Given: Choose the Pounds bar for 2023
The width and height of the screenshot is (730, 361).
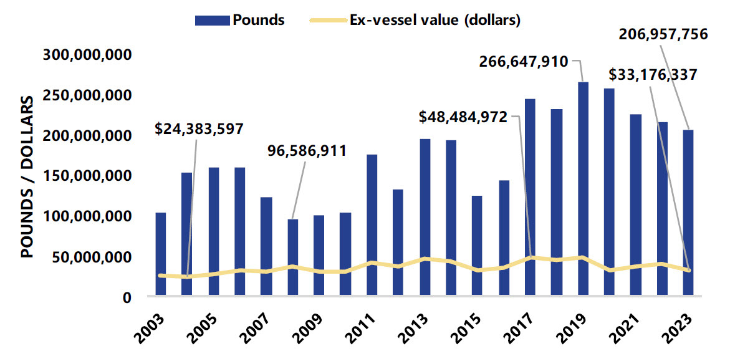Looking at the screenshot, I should coord(688,213).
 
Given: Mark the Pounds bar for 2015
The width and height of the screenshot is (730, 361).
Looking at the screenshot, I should coord(477,246).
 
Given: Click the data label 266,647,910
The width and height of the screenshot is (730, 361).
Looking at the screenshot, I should coord(523,61).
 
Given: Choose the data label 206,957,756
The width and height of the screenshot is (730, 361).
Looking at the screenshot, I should coord(663,34).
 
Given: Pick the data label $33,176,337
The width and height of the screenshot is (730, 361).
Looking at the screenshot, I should coord(653,75).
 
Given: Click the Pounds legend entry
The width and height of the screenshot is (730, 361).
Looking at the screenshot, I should coord(240,19).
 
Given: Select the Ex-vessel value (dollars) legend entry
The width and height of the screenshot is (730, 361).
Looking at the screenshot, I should coord(415,19).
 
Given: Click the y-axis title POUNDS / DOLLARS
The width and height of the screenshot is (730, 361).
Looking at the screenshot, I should coord(28,178).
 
